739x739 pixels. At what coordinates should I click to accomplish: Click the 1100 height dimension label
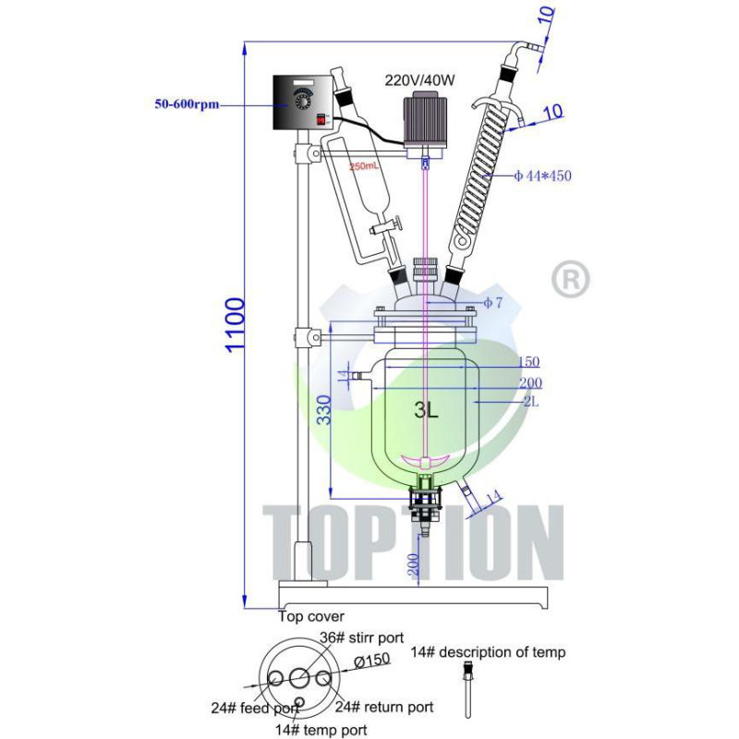pyautogui.click(x=236, y=322)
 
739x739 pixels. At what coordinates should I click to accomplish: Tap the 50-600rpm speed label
pyautogui.click(x=186, y=104)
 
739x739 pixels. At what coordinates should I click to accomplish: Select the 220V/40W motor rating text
pyautogui.click(x=420, y=79)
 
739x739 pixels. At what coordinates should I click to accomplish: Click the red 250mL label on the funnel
pyautogui.click(x=363, y=166)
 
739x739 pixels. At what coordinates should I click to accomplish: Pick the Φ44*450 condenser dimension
pyautogui.click(x=542, y=176)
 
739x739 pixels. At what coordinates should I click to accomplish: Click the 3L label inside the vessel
pyautogui.click(x=426, y=412)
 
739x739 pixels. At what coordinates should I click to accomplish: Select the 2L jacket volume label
pyautogui.click(x=530, y=402)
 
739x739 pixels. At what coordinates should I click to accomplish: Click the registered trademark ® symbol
pyautogui.click(x=570, y=279)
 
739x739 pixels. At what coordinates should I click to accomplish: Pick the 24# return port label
pyautogui.click(x=384, y=708)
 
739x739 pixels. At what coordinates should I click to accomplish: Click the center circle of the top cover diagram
pyautogui.click(x=299, y=679)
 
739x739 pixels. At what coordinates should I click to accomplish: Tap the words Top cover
pyautogui.click(x=310, y=616)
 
